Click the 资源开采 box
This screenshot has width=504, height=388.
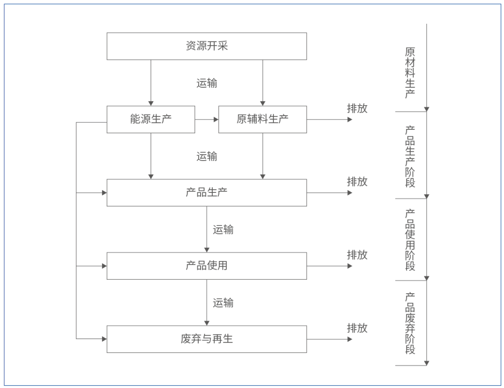pyautogui.click(x=207, y=46)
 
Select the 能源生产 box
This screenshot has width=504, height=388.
pyautogui.click(x=151, y=119)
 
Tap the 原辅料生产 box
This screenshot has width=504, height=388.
pyautogui.click(x=262, y=119)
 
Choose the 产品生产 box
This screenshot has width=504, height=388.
pyautogui.click(x=207, y=192)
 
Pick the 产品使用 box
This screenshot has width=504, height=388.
pyautogui.click(x=207, y=266)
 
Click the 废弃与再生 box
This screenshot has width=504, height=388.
pyautogui.click(x=207, y=339)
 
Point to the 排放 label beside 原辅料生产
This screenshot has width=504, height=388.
pyautogui.click(x=357, y=108)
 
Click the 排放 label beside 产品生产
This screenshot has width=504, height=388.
pyautogui.click(x=357, y=182)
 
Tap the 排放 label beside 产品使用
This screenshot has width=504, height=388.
pyautogui.click(x=357, y=255)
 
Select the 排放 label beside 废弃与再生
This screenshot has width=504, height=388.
pyautogui.click(x=357, y=328)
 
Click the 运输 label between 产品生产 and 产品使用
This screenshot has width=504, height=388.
pyautogui.click(x=223, y=230)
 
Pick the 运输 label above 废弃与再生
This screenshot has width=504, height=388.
pyautogui.click(x=223, y=303)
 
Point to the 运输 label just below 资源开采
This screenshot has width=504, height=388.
pyautogui.click(x=207, y=84)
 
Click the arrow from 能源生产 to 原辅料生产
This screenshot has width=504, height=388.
pyautogui.click(x=207, y=120)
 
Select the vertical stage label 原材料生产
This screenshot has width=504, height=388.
pyautogui.click(x=410, y=72)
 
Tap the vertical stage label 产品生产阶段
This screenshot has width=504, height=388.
pyautogui.click(x=410, y=156)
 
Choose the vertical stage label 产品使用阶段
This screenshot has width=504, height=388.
pyautogui.click(x=410, y=240)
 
